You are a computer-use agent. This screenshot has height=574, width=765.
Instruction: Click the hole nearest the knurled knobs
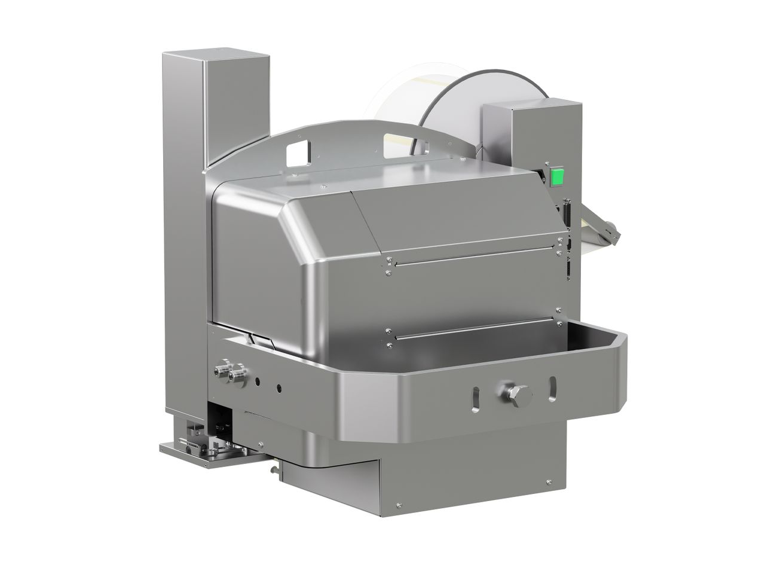coord(257,380)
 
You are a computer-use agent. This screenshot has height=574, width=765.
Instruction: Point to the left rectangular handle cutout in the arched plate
coord(299,153)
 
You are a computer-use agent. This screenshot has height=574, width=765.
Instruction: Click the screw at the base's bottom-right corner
coord(547,482)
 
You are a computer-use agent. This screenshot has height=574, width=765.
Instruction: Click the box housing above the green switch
coord(532,132)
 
